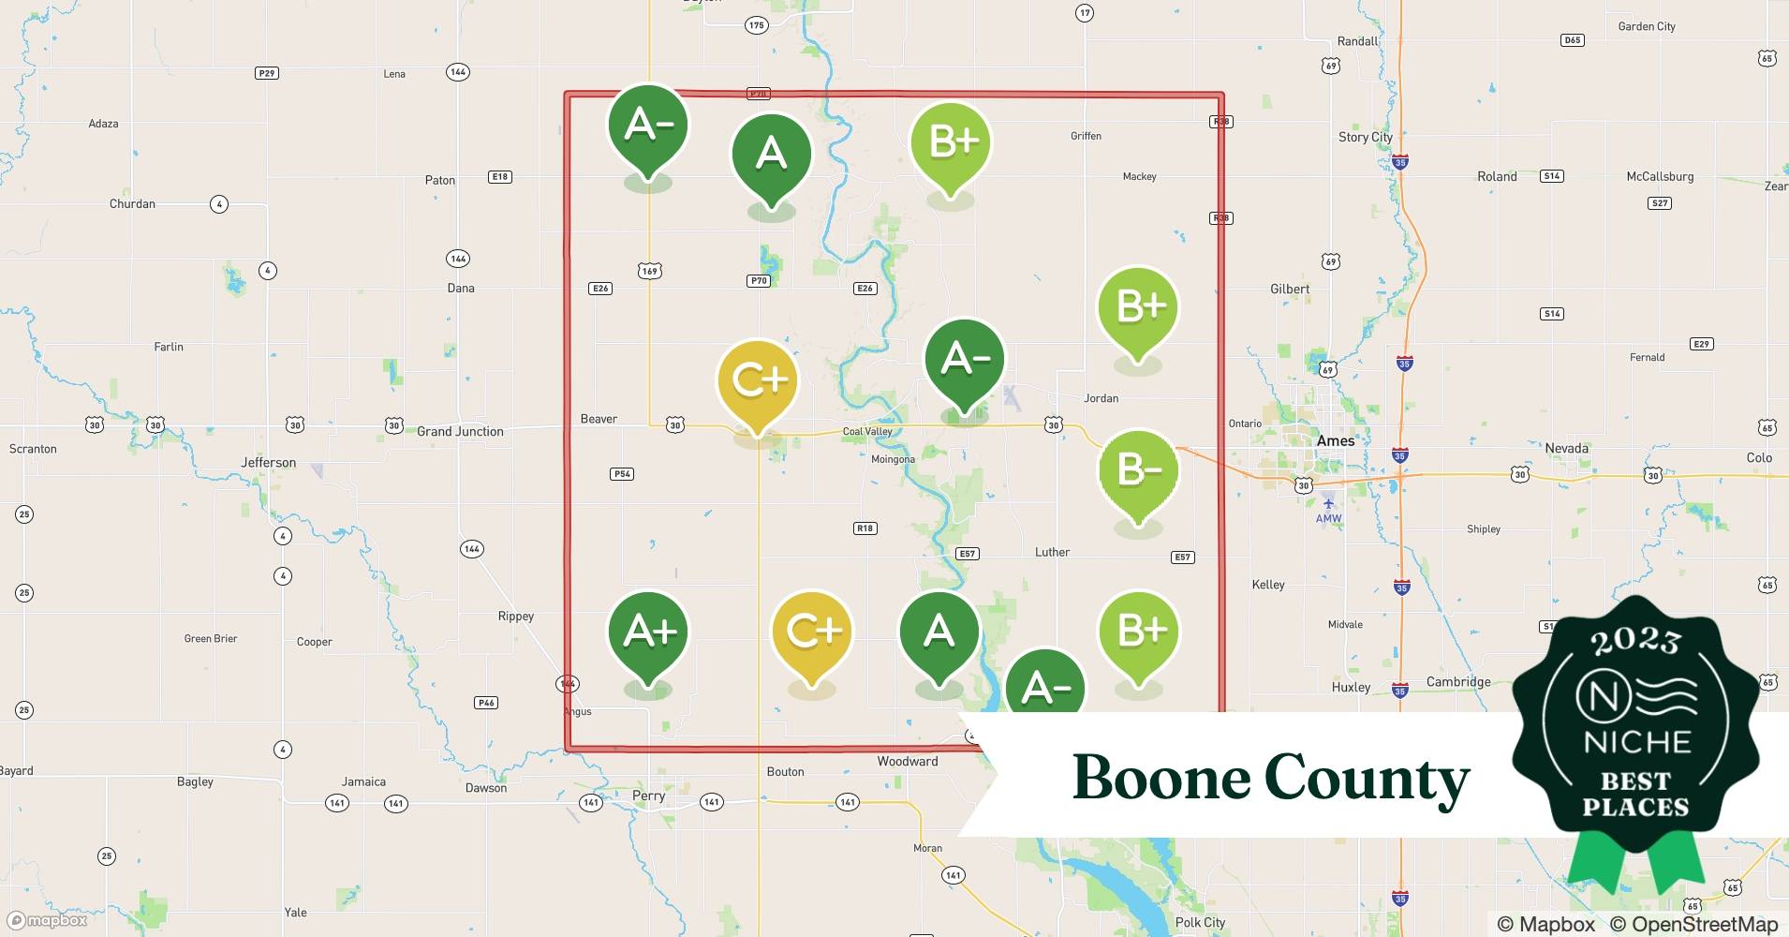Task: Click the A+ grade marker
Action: coord(648,632)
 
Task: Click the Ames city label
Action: coord(1335,441)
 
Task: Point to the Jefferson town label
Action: coord(268,463)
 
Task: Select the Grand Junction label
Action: coord(460,432)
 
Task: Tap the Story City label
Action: coord(1365,137)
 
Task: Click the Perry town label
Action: coord(648,796)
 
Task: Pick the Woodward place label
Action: coord(907,762)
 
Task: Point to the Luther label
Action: coord(1052,553)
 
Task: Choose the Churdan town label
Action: coord(132,204)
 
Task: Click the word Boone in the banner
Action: coord(1161,778)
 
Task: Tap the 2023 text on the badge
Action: coord(1635,640)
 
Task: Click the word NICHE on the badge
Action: coord(1636,743)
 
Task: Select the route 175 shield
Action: coord(756,25)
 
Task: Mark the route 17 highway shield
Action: coord(1084,13)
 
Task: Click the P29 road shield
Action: coord(267,73)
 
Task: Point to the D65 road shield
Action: coord(1573,40)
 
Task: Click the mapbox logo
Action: coord(47,920)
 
